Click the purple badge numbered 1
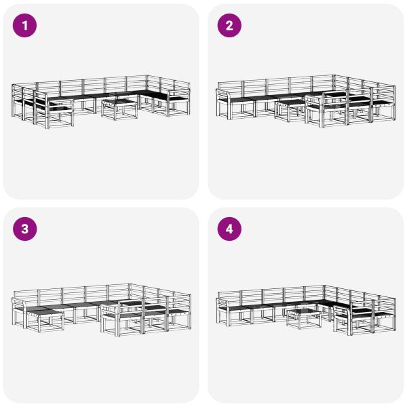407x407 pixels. pyautogui.click(x=25, y=26)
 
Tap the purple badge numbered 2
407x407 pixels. pyautogui.click(x=229, y=26)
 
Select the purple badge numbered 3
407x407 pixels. pyautogui.click(x=25, y=229)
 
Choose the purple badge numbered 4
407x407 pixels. pyautogui.click(x=229, y=229)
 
